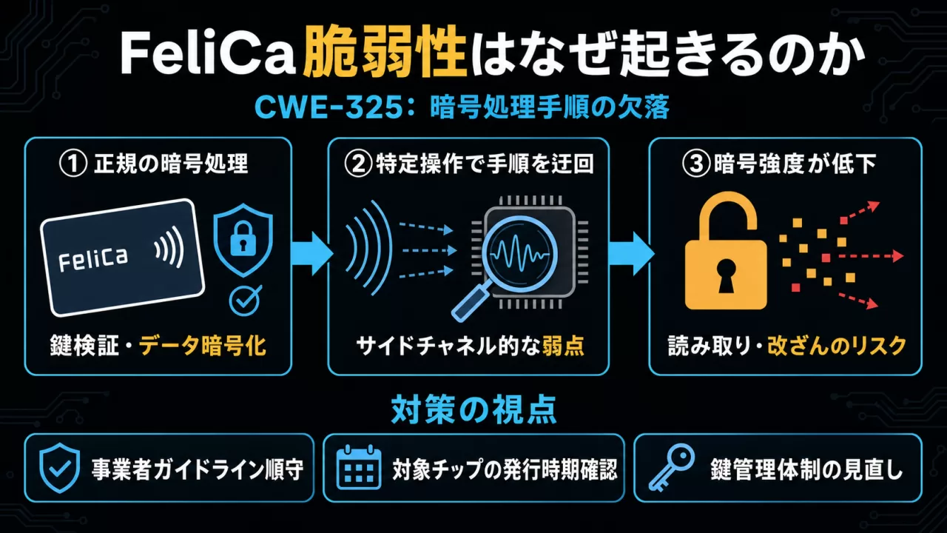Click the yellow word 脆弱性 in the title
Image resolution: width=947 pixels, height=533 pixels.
click(x=385, y=55)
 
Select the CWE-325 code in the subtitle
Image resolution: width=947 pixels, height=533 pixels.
click(x=329, y=108)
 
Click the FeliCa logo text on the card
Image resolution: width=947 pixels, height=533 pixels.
click(x=92, y=258)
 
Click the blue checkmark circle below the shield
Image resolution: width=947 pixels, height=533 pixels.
click(x=244, y=300)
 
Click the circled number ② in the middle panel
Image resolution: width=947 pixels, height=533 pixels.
click(x=358, y=164)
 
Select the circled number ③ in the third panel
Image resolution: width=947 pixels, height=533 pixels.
click(x=696, y=164)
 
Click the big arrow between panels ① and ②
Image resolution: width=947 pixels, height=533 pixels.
click(x=312, y=253)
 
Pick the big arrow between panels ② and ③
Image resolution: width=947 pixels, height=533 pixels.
click(x=631, y=253)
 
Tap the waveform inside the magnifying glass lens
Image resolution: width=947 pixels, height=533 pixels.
click(x=520, y=254)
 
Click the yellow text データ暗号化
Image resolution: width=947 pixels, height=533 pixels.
click(x=203, y=346)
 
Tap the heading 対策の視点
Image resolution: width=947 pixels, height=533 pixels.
click(x=473, y=409)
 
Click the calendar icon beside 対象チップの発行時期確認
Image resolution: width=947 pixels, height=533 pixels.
click(x=359, y=467)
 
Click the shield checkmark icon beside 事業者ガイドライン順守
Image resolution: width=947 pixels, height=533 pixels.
click(x=60, y=468)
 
